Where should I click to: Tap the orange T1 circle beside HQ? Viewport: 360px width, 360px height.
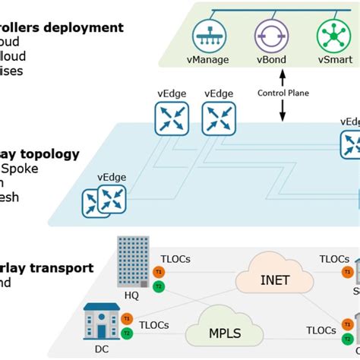[159, 271]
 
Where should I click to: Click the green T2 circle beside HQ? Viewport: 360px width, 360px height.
[159, 286]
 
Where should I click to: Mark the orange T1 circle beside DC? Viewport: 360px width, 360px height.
[127, 318]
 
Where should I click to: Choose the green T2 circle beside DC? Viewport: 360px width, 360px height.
[127, 333]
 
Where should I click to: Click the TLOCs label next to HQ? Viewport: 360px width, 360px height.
[175, 259]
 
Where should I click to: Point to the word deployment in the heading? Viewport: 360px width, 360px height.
[87, 27]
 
